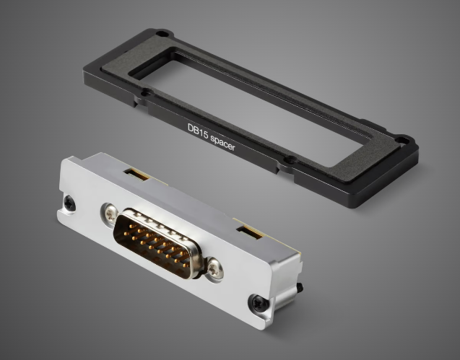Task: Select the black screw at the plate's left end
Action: (x=69, y=203)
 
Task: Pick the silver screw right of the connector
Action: (x=216, y=269)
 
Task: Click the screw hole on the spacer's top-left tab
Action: (x=162, y=34)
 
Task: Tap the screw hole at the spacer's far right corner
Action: (x=402, y=139)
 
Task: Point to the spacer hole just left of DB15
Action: (x=146, y=92)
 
